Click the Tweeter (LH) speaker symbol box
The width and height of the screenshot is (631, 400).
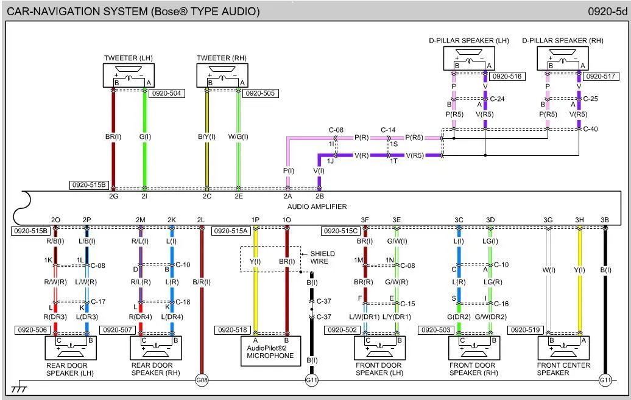pyautogui.click(x=129, y=75)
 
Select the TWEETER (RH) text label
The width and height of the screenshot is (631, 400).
pyautogui.click(x=222, y=58)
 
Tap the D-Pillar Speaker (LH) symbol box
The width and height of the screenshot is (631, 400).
pyautogui.click(x=468, y=58)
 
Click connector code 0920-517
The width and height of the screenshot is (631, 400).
pyautogui.click(x=601, y=77)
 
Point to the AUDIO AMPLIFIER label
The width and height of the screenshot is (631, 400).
pyautogui.click(x=322, y=207)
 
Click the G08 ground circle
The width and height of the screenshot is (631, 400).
pyautogui.click(x=202, y=381)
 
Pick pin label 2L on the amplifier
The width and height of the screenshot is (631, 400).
pyautogui.click(x=201, y=220)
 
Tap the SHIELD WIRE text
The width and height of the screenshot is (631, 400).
pyautogui.click(x=322, y=258)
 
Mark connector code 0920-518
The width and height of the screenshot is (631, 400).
pyautogui.click(x=231, y=330)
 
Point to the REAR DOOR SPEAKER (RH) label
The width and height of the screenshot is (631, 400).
pyautogui.click(x=152, y=369)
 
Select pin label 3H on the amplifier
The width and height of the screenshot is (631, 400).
pyautogui.click(x=579, y=220)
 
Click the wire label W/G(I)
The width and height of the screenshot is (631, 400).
pyautogui.click(x=238, y=137)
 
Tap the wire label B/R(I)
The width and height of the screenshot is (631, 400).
pyautogui.click(x=202, y=282)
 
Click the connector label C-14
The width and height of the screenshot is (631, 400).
pyautogui.click(x=388, y=130)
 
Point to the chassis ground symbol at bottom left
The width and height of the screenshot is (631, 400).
pyautogui.click(x=19, y=388)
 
